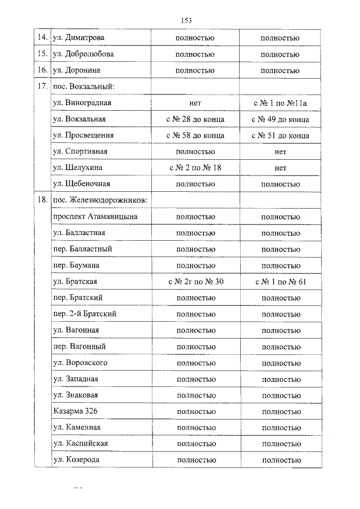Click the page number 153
[x=187, y=20]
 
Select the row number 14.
[x=41, y=38]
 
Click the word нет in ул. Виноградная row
[x=195, y=103]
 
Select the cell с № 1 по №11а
[x=280, y=103]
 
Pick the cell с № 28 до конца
[x=195, y=120]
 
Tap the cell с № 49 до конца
[x=280, y=120]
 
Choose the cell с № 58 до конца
[x=195, y=136]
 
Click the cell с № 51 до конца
[x=280, y=136]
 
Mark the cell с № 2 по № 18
[x=195, y=168]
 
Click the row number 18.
[x=41, y=200]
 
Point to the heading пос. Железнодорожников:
[x=100, y=200]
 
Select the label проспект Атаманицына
[x=94, y=217]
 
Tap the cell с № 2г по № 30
[x=195, y=281]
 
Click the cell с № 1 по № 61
[x=280, y=281]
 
